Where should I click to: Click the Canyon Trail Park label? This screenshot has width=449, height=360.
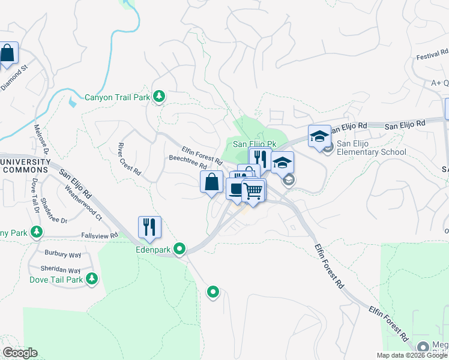[116, 97]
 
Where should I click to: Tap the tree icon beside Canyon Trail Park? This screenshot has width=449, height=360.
[159, 96]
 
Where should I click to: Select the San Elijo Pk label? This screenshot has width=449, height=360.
[254, 144]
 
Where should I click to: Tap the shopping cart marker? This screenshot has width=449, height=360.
[253, 191]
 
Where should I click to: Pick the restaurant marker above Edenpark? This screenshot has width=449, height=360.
[149, 227]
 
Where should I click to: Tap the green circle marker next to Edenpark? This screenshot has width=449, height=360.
[179, 248]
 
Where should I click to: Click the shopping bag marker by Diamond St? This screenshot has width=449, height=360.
[8, 54]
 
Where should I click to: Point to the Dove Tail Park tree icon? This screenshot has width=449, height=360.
[92, 278]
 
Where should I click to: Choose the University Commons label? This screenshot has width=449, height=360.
[26, 166]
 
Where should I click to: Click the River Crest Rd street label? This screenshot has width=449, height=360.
[129, 159]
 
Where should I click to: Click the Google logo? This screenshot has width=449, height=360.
[20, 353]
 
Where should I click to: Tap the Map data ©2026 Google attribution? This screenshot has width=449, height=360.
[412, 355]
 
